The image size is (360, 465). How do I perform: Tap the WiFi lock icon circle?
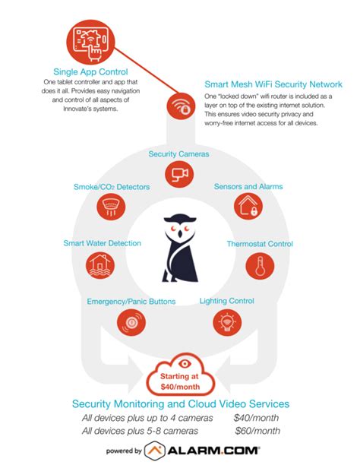(x=181, y=106)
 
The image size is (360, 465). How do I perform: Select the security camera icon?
(x=179, y=173)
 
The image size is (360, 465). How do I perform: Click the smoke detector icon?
(x=111, y=207)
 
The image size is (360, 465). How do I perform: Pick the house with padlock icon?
(x=248, y=206)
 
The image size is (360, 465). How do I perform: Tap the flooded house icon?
(x=100, y=265)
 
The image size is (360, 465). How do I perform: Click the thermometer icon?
(x=260, y=266)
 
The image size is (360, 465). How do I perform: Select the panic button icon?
(x=131, y=322)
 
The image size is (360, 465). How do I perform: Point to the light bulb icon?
(x=227, y=322)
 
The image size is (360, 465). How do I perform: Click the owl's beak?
(x=180, y=234)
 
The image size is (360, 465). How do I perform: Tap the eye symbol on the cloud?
(x=184, y=364)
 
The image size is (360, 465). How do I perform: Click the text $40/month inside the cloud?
(x=180, y=387)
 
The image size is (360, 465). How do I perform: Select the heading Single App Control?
(x=90, y=72)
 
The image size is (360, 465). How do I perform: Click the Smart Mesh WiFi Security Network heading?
(x=273, y=84)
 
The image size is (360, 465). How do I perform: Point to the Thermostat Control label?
(x=260, y=244)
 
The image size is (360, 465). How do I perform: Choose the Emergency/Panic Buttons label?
(x=131, y=302)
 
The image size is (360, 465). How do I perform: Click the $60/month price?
(x=257, y=431)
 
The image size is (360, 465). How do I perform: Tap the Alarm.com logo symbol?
(x=154, y=451)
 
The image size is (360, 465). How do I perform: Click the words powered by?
(x=124, y=451)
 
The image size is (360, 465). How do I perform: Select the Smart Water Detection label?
(x=103, y=243)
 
